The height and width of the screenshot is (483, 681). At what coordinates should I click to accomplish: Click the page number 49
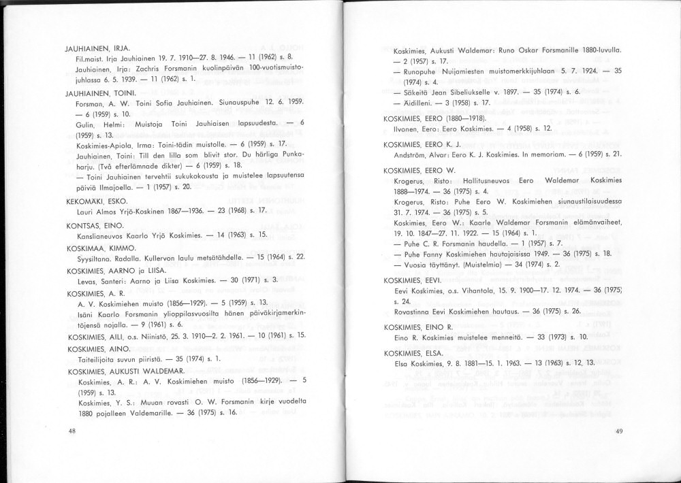pyautogui.click(x=618, y=431)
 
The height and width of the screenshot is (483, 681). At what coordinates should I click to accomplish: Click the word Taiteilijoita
pyautogui.click(x=97, y=359)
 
